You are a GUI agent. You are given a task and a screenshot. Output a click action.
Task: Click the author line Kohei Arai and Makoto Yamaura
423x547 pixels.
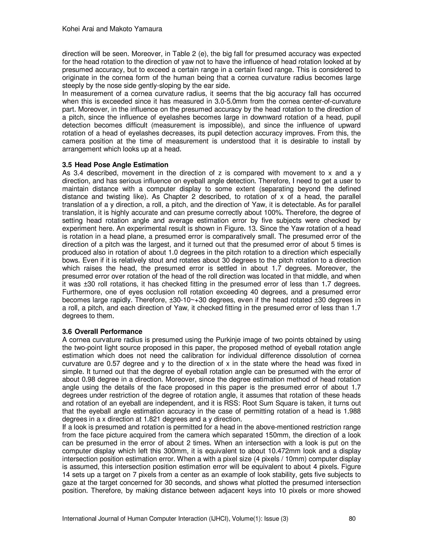(112, 29)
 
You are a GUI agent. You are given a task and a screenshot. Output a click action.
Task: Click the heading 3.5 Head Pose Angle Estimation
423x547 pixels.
(115, 165)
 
